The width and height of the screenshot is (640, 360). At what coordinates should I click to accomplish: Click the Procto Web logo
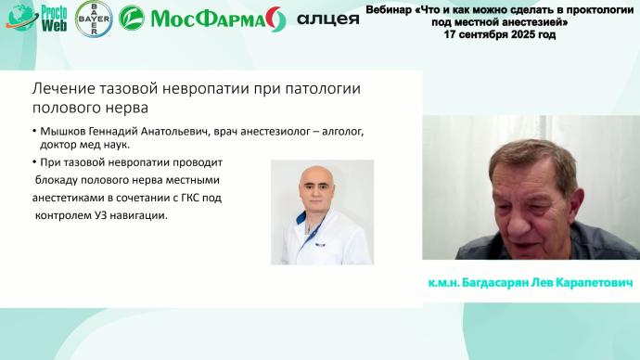pyautogui.click(x=37, y=18)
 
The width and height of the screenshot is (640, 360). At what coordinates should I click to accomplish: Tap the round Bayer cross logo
pyautogui.click(x=93, y=18)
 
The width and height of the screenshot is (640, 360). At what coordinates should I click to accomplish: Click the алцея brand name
pyautogui.click(x=327, y=19)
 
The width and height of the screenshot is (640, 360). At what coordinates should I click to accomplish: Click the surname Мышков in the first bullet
pyautogui.click(x=64, y=132)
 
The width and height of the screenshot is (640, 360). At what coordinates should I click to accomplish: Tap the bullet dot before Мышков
pyautogui.click(x=32, y=133)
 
